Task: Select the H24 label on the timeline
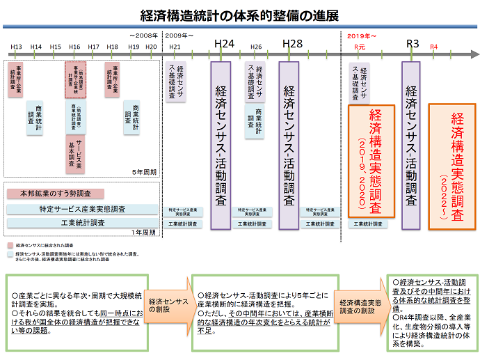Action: [x=224, y=44]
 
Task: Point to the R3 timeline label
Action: [x=413, y=44]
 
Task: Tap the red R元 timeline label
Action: [x=360, y=47]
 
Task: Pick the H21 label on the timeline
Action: [x=175, y=47]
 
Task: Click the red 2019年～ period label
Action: [x=362, y=34]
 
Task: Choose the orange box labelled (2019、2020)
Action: [x=371, y=161]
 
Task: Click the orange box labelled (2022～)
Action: [x=451, y=162]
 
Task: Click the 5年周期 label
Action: [x=144, y=171]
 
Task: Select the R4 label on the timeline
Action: [x=434, y=47]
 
